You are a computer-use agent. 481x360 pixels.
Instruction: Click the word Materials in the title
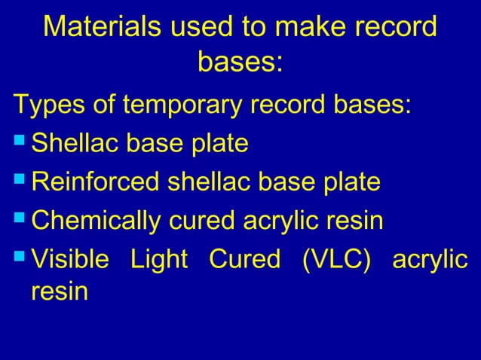point(101,28)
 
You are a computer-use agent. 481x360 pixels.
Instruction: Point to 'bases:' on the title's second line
point(240,63)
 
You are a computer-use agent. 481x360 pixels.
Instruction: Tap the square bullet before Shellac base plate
point(20,142)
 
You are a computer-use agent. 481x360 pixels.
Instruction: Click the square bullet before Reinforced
point(20,182)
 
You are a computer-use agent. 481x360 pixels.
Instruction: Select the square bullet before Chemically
point(20,221)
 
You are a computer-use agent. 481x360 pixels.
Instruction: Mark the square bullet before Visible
point(20,261)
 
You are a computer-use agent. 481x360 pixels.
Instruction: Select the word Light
point(158,261)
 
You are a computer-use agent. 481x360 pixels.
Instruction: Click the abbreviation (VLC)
point(339,261)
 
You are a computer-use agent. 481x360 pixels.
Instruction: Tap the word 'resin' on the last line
point(59,293)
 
